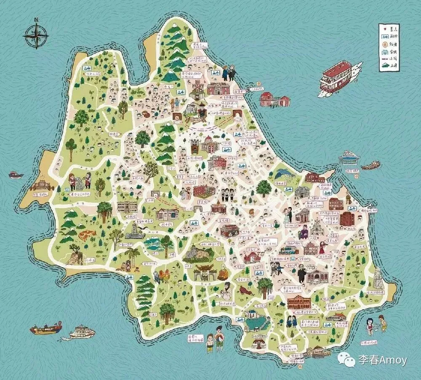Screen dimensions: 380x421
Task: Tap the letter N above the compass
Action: coord(36,19)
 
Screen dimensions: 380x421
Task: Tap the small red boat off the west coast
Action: coord(15,174)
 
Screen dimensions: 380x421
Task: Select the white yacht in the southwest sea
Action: coord(82,332)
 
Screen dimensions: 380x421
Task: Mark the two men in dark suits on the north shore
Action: coord(229,72)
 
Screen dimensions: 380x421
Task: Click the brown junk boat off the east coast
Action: coord(370,165)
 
